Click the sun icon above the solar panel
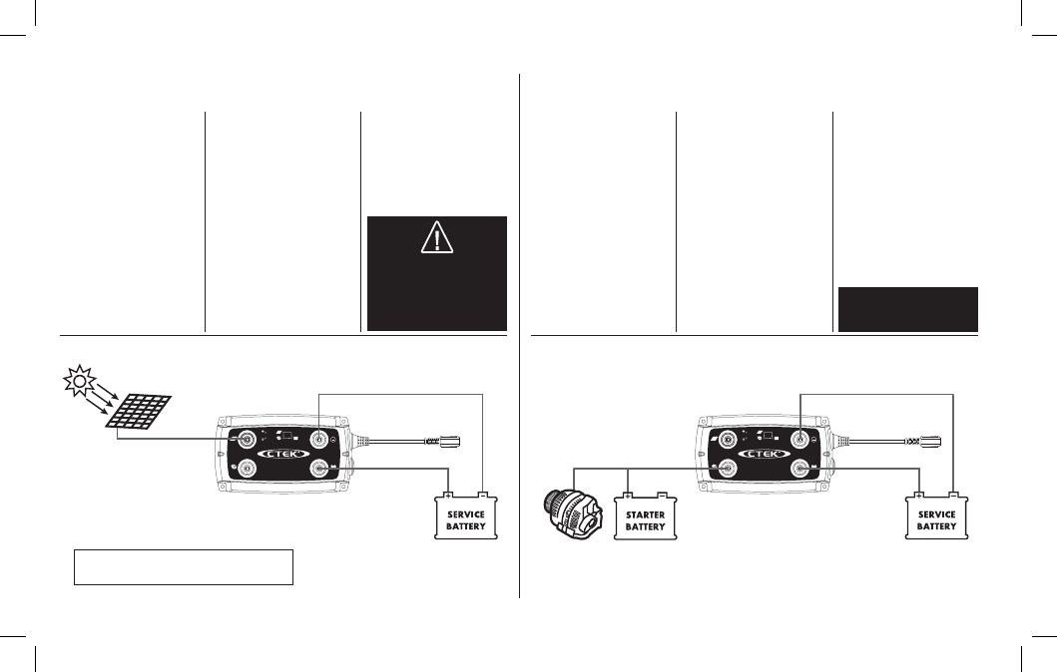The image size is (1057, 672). coord(79,381)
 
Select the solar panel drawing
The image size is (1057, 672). coord(138,412)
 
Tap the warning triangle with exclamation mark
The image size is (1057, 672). coord(437,237)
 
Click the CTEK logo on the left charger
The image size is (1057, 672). coord(283,454)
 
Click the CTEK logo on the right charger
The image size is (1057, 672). coord(764,454)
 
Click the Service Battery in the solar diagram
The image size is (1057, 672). coord(466,517)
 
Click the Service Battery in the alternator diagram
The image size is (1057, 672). coord(936,517)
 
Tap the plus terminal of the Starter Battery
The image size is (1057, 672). coord(628,497)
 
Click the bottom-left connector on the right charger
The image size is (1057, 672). coord(728,468)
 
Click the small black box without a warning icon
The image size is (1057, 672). coord(908,309)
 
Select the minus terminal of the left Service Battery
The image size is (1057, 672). coord(483,496)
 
